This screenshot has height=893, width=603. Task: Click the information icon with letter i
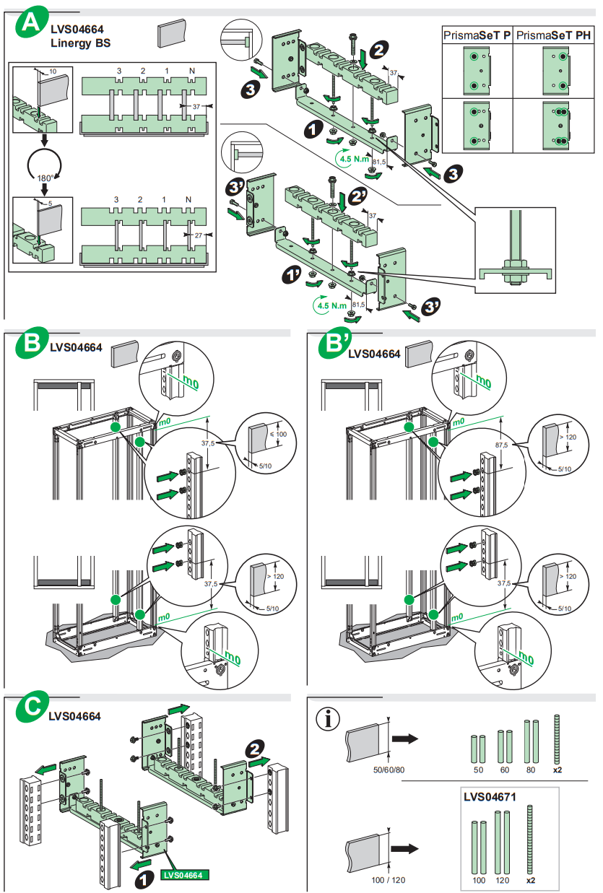[x=329, y=718]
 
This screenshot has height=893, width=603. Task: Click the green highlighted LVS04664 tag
[x=185, y=875]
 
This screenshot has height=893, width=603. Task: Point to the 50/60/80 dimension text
[x=389, y=770]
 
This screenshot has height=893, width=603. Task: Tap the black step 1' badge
[x=291, y=276]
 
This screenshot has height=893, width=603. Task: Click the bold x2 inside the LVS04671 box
[x=531, y=881]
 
